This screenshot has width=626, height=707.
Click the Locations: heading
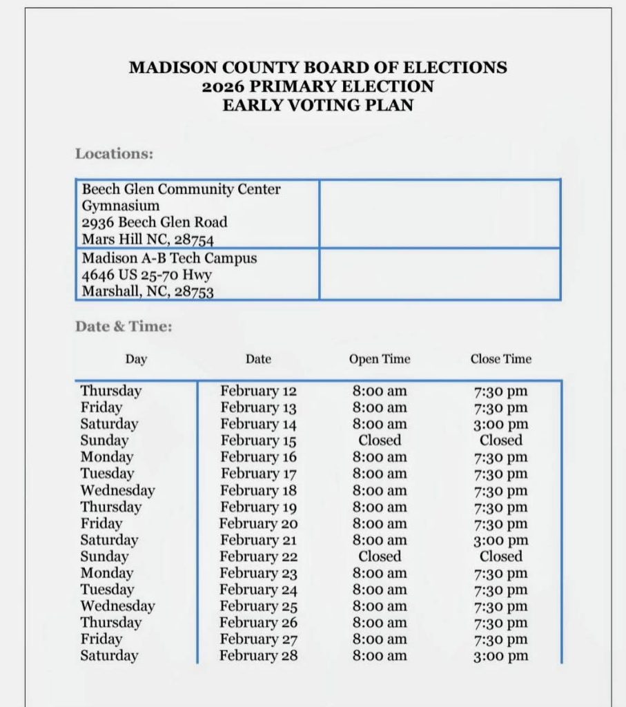[114, 153]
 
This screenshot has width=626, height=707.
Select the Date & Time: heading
[124, 327]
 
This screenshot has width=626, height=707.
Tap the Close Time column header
[501, 359]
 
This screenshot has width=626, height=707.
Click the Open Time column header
[379, 359]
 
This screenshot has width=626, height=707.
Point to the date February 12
[258, 391]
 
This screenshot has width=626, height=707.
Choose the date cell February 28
[258, 656]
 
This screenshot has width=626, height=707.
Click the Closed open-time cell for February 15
[379, 440]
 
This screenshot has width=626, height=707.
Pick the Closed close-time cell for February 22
[501, 556]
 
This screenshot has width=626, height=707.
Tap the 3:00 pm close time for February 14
[501, 424]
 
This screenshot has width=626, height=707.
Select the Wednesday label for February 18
[117, 490]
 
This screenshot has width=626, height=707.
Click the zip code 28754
[193, 240]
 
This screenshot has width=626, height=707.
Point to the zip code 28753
[193, 291]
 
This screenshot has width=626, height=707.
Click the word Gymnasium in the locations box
[121, 206]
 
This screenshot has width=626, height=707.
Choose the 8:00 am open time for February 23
[379, 573]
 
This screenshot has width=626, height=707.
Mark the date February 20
[258, 523]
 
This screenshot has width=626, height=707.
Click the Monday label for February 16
[107, 457]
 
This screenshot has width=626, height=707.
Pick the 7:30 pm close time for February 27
[501, 639]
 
